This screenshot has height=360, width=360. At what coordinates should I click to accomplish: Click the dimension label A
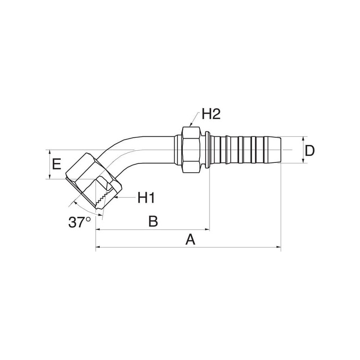point(190,239)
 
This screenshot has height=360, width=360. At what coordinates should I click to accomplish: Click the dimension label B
point(153,221)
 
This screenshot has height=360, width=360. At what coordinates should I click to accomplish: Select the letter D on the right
point(310,151)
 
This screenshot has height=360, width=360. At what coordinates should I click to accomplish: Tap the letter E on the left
point(57,164)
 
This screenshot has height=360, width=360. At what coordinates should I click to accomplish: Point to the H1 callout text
point(146,198)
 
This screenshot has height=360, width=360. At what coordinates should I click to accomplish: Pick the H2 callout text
point(211,114)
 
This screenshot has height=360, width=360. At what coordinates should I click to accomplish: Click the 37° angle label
point(80,222)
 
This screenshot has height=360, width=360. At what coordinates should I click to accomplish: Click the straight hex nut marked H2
point(191,150)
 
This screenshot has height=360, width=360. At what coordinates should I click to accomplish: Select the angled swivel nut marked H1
point(93,181)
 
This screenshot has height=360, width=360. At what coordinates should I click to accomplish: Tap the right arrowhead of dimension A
point(279,247)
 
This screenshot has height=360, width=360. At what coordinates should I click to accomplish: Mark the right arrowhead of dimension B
point(207,229)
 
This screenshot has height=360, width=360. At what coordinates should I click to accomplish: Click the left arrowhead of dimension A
point(98,247)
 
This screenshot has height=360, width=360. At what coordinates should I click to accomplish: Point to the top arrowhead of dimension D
point(303,139)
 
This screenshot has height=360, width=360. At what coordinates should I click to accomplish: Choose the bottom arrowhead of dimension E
point(49,176)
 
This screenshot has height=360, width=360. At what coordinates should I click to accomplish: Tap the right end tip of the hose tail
point(281,150)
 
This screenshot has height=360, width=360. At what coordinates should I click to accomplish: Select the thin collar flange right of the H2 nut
point(207,150)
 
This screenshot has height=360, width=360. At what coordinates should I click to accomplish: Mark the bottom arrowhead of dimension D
point(303,161)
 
